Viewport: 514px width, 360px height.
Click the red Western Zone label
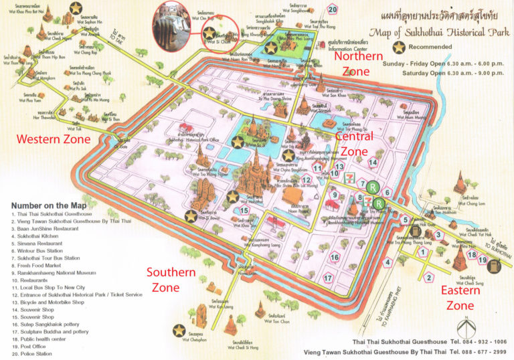(x=53, y=140)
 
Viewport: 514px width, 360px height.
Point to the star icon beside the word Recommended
(x=400, y=48)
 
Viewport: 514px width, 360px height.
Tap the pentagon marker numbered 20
(x=333, y=9)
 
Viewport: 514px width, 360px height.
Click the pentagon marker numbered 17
(x=328, y=277)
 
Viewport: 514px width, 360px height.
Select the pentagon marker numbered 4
(x=387, y=262)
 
